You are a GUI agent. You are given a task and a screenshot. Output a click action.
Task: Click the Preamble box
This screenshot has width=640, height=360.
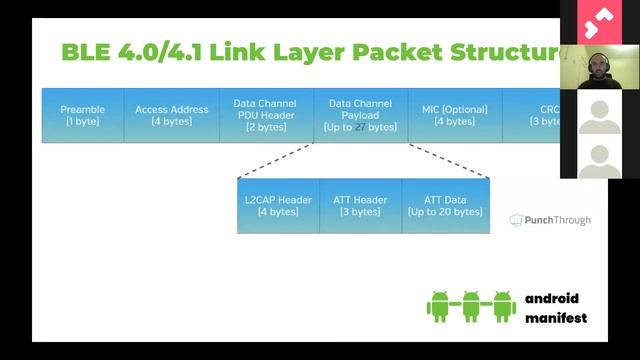pyautogui.click(x=83, y=115)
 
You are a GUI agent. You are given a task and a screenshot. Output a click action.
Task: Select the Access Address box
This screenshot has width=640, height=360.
pyautogui.click(x=172, y=115)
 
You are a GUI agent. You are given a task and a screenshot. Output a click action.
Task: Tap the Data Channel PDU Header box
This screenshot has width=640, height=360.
pyautogui.click(x=267, y=115)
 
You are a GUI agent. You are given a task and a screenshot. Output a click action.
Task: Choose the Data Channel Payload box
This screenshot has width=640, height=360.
pyautogui.click(x=361, y=115)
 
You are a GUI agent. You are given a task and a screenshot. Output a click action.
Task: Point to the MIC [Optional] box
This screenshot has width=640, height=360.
pyautogui.click(x=455, y=115)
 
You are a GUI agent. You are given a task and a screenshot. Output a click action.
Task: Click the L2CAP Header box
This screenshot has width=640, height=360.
pyautogui.click(x=278, y=206)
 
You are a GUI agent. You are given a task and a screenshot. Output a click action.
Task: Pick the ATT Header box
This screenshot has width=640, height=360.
pyautogui.click(x=361, y=206)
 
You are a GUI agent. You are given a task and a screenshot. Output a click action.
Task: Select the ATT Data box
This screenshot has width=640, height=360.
pyautogui.click(x=446, y=206)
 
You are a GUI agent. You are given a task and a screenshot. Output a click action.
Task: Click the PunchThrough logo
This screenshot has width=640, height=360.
pyautogui.click(x=550, y=220)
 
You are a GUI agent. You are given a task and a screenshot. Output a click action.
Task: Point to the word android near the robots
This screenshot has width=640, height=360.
pyautogui.click(x=552, y=299)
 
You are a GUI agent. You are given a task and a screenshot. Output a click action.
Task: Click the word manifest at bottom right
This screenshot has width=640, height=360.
pyautogui.click(x=555, y=319)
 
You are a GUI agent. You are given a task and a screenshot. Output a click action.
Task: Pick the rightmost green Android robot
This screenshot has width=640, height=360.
pyautogui.click(x=502, y=306)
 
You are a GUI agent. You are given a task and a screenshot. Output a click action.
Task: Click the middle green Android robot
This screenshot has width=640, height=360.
pyautogui.click(x=471, y=306)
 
